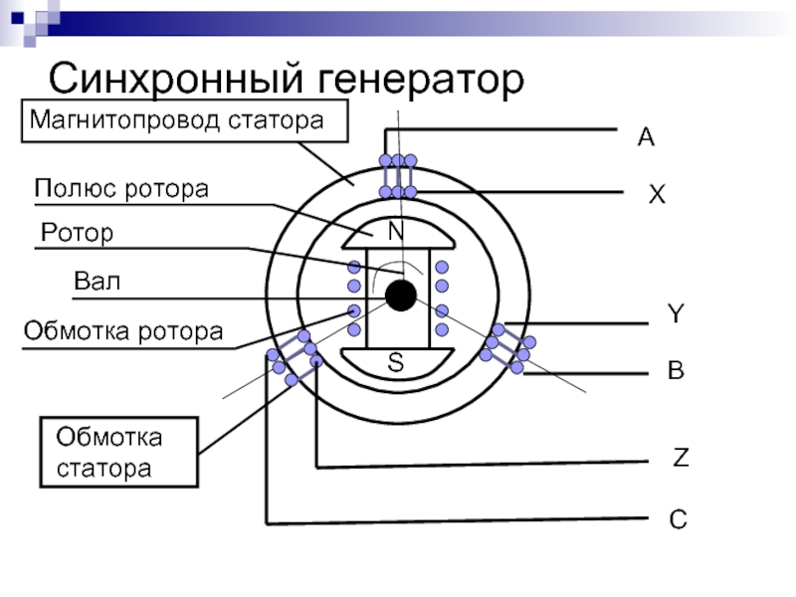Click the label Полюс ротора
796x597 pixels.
[121, 189]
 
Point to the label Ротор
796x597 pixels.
[78, 233]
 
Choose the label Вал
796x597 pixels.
[97, 282]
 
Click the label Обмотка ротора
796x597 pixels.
[123, 330]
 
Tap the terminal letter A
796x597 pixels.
[646, 138]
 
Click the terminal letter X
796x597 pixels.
[657, 196]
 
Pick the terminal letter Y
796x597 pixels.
[676, 314]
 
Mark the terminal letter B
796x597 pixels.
[676, 372]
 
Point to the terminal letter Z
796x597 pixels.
[681, 459]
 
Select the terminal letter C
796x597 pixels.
[678, 518]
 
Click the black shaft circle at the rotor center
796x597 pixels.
[400, 296]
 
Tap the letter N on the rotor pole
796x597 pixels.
[396, 231]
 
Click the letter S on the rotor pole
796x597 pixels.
[396, 363]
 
